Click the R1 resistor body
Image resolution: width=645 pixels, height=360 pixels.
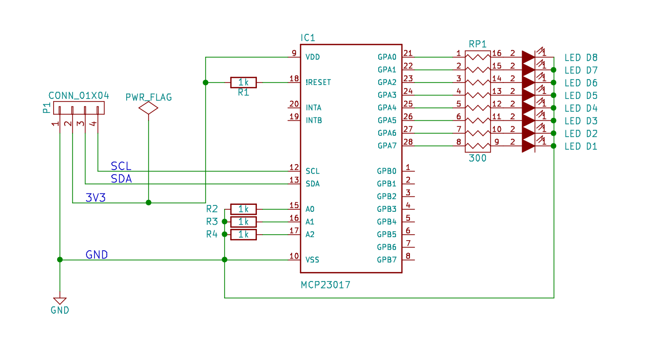point(243,83)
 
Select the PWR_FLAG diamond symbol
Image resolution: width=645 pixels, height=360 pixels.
point(149,108)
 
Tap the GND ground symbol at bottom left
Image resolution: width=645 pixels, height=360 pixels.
point(60,301)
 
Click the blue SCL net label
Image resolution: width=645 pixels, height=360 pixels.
point(121,166)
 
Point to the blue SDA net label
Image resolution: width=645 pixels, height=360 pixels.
point(121,179)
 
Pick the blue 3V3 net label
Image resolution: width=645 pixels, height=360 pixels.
point(95,197)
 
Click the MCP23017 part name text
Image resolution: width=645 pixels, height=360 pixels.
point(325,285)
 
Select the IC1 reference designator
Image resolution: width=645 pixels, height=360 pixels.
point(308,38)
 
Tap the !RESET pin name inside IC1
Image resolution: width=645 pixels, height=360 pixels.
point(318,83)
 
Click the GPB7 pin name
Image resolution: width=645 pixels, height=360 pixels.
point(387,260)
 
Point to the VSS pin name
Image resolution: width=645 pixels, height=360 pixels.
point(313,260)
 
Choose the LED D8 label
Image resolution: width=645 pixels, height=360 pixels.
point(581,58)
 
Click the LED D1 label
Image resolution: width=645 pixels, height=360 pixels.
point(581,147)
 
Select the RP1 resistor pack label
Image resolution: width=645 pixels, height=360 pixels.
point(478,44)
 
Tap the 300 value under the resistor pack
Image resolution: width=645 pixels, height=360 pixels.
point(478,159)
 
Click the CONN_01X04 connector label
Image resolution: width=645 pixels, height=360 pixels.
point(79,95)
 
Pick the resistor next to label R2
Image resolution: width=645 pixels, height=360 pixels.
point(243,209)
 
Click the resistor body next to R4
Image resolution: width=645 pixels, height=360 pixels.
point(243,234)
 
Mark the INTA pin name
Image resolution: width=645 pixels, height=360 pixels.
point(313,108)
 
